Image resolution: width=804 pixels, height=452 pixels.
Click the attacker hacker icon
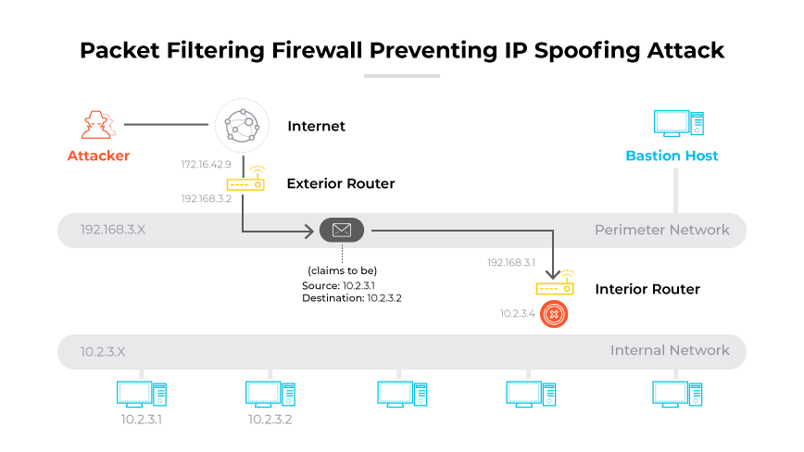tap(95, 124)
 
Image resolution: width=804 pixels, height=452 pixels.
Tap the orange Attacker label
tap(98, 156)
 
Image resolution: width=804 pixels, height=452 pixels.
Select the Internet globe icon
tap(242, 125)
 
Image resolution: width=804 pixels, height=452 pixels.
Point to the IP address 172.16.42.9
tap(206, 164)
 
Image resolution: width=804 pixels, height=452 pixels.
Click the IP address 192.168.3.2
tap(206, 198)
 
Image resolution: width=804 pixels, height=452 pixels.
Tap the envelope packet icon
tap(341, 230)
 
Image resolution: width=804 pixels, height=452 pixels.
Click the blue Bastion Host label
tap(672, 156)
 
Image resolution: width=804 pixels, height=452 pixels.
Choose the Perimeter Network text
tap(661, 230)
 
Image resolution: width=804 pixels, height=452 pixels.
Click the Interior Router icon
tap(555, 287)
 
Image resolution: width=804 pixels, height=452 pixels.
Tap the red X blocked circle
tap(554, 314)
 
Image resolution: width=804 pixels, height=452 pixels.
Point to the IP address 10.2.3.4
tap(518, 315)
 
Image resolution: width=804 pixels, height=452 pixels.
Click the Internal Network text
tap(669, 350)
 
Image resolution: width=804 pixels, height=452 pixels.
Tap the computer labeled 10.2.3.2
tap(270, 393)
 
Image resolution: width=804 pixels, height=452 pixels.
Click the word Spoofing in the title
tap(576, 50)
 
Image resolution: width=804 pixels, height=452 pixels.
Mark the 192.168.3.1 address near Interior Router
tap(511, 263)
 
